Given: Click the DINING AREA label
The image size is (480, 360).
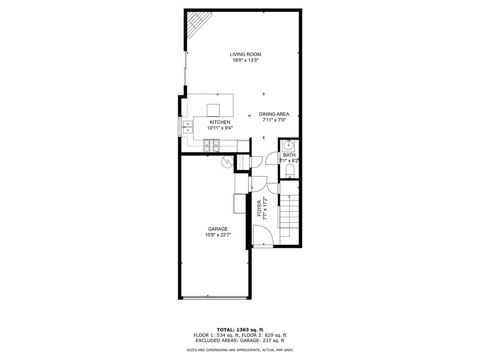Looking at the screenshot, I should pos(274,114).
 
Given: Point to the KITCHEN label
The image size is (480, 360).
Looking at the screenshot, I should pos(220,122).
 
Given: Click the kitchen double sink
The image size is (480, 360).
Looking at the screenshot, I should pos(187,127).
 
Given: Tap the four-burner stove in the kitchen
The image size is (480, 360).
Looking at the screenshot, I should pos(212,145).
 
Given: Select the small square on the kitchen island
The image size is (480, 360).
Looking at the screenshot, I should pos(213,110).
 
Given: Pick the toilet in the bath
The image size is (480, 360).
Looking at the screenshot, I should pos(290,172).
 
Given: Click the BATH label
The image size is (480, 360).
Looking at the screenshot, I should pos(289,155).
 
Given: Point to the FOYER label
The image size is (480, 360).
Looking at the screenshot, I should pos(259,208).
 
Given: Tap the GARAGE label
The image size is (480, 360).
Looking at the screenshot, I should pos(218,229).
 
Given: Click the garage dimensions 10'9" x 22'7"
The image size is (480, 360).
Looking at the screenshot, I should pos(218,235).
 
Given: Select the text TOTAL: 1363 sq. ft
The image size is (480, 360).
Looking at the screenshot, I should pos(240,330).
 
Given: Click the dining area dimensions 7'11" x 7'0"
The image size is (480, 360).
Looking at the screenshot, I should pos(274,120).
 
